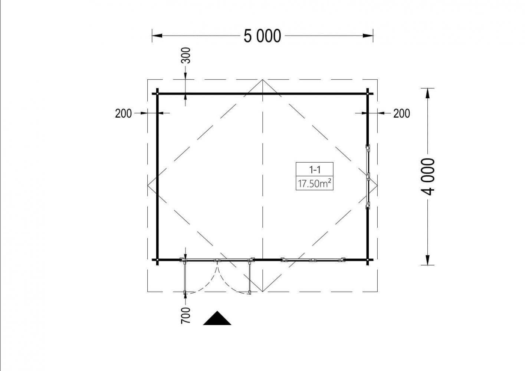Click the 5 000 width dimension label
262,36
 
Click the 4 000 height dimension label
428,177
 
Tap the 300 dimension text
186,55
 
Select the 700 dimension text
186,315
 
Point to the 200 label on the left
123,114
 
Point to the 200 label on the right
401,114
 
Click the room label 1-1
315,170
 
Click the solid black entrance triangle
217,318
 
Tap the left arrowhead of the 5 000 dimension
157,36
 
